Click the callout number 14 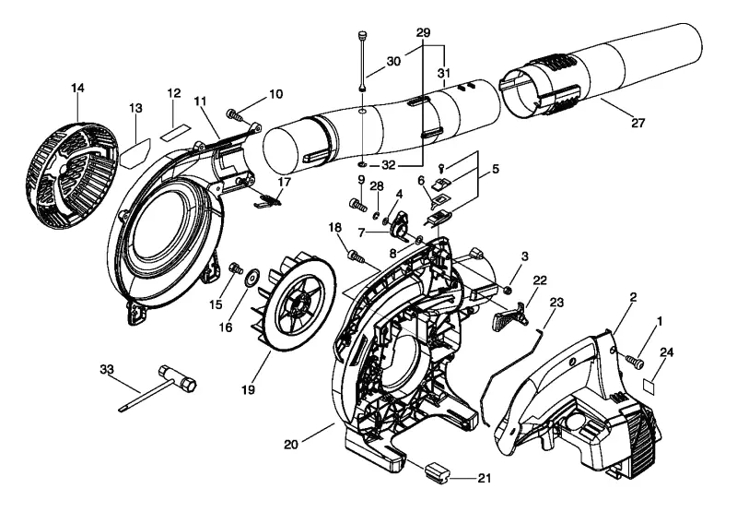[x=77, y=88]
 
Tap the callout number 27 [x=638, y=123]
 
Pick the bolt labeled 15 [x=235, y=268]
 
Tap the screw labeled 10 [x=234, y=114]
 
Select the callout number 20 [x=291, y=444]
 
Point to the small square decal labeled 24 [x=649, y=386]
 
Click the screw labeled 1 [x=635, y=363]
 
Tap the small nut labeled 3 [x=509, y=290]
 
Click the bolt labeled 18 [x=357, y=256]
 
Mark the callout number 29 [x=423, y=32]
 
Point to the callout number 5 [x=496, y=169]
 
